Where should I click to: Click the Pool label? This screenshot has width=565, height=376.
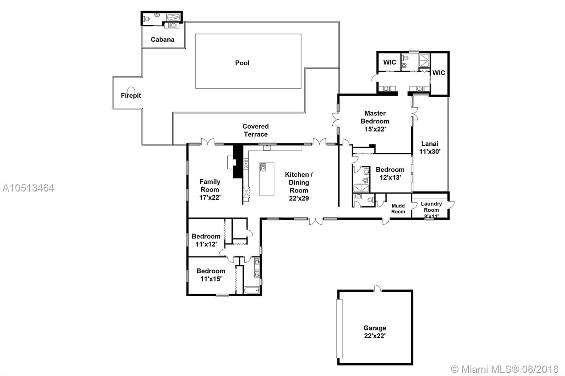(x=242, y=63)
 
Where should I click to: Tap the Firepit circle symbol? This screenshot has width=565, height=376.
(x=131, y=90)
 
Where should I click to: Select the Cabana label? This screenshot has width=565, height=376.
(x=162, y=40)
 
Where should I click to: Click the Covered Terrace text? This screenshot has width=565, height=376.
(x=256, y=130)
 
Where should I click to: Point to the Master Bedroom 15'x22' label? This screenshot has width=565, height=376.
(x=375, y=121)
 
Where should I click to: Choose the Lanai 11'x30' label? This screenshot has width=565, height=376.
(x=430, y=148)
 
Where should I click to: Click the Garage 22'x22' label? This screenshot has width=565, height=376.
(x=375, y=332)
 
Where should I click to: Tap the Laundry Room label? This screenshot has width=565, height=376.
(x=431, y=207)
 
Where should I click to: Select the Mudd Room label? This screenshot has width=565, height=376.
(x=398, y=209)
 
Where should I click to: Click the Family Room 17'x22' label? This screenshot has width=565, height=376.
(x=210, y=189)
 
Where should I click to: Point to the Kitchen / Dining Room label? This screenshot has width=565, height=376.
(x=299, y=186)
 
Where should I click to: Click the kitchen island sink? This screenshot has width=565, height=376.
(x=263, y=167)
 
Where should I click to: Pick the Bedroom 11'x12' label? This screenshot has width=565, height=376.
(x=206, y=240)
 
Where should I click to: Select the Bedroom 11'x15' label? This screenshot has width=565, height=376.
(x=211, y=275)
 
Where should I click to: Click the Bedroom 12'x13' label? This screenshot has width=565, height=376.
(x=390, y=174)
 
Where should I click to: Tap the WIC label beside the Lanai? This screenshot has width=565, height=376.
(x=439, y=73)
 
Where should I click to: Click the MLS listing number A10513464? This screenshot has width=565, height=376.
(x=28, y=188)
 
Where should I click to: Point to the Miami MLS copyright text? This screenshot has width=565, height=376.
(x=505, y=369)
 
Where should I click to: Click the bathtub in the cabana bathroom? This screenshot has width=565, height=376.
(x=173, y=17)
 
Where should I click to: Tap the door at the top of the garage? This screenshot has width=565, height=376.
(x=377, y=288)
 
